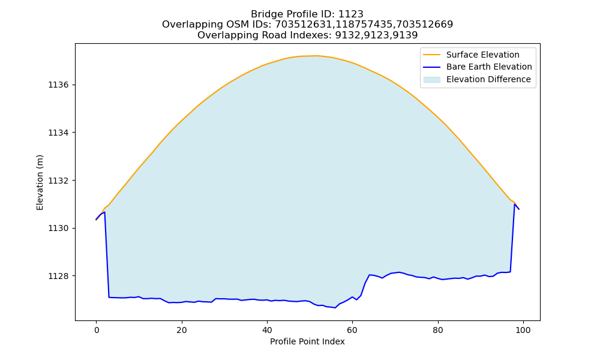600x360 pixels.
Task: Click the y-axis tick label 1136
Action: (x=59, y=85)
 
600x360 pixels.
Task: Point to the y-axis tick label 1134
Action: (x=59, y=133)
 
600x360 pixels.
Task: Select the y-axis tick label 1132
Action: (x=59, y=181)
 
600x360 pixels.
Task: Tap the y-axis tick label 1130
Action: (x=59, y=229)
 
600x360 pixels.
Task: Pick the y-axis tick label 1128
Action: (x=59, y=276)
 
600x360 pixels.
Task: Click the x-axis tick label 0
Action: (x=97, y=330)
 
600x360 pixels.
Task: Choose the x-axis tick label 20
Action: (x=182, y=330)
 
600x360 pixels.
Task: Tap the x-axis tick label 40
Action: (x=267, y=330)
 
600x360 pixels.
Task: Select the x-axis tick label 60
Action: (x=352, y=330)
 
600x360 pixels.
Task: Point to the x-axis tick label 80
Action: (x=438, y=330)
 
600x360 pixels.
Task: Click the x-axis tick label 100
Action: (x=523, y=330)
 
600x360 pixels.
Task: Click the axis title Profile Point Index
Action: (x=307, y=341)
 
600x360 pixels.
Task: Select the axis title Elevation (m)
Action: (x=40, y=182)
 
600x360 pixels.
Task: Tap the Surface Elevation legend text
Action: (x=483, y=55)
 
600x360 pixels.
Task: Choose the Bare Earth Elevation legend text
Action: (x=489, y=67)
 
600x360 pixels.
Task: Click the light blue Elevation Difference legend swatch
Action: (x=432, y=80)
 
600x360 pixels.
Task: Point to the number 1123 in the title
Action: (x=351, y=14)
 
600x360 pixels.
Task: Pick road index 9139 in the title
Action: (x=405, y=35)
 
